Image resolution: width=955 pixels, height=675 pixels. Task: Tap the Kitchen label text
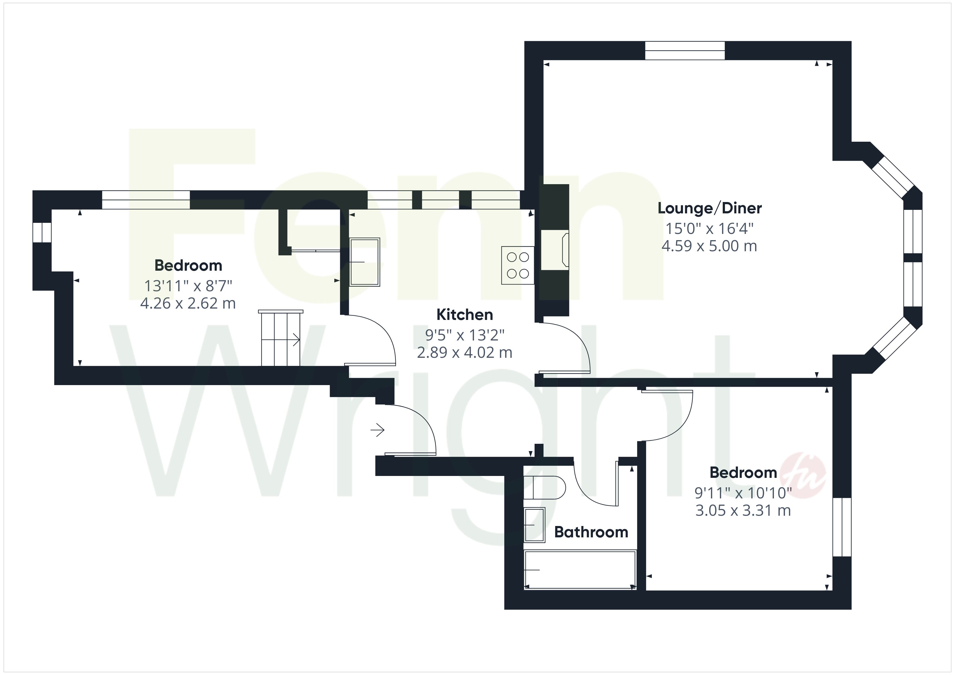click(x=465, y=315)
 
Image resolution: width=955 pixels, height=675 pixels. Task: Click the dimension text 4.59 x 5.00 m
click(x=709, y=246)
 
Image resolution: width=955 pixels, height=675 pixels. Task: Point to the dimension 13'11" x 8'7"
click(x=188, y=286)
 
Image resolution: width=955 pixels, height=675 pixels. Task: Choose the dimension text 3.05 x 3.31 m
click(x=743, y=510)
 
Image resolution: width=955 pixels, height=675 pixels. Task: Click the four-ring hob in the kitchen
click(x=518, y=266)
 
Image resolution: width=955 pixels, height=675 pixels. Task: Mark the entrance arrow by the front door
click(x=377, y=430)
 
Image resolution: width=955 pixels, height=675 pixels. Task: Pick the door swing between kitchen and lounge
click(x=565, y=348)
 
